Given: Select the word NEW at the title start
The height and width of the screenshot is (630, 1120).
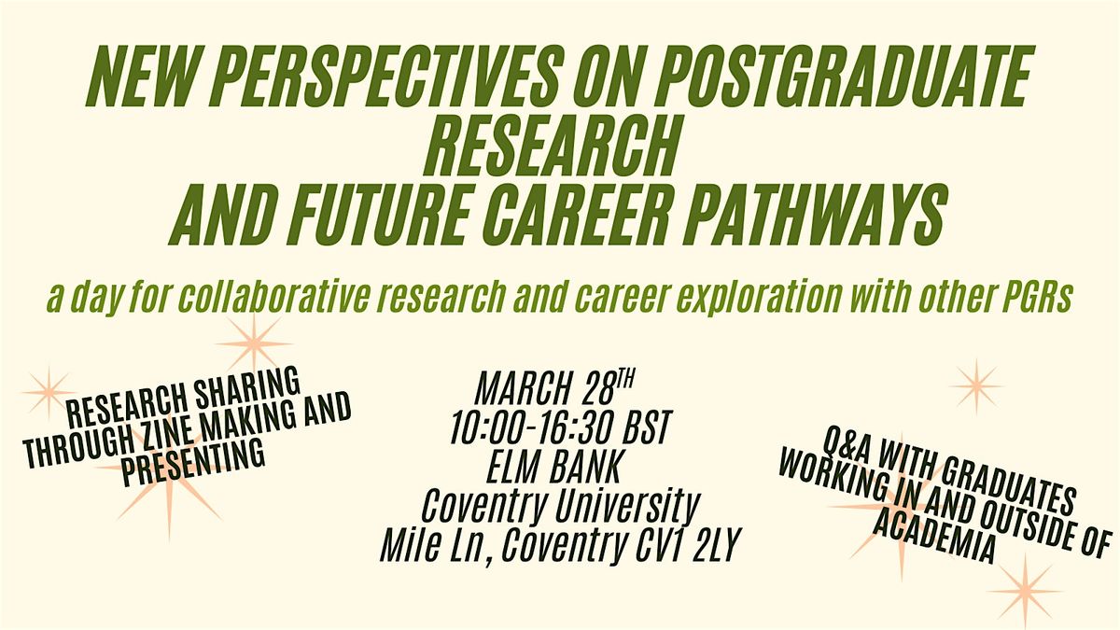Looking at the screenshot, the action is pyautogui.click(x=143, y=75).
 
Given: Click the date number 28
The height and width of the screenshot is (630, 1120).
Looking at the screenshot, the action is pyautogui.click(x=596, y=388).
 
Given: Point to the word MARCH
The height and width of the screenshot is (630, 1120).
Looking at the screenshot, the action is pyautogui.click(x=522, y=388).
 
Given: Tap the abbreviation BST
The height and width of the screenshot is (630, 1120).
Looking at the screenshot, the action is pyautogui.click(x=648, y=428).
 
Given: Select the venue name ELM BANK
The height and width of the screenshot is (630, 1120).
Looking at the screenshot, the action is pyautogui.click(x=555, y=467).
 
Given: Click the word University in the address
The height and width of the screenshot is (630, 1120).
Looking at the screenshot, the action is pyautogui.click(x=627, y=508).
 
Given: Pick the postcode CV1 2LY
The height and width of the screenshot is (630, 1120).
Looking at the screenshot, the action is pyautogui.click(x=687, y=545).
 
